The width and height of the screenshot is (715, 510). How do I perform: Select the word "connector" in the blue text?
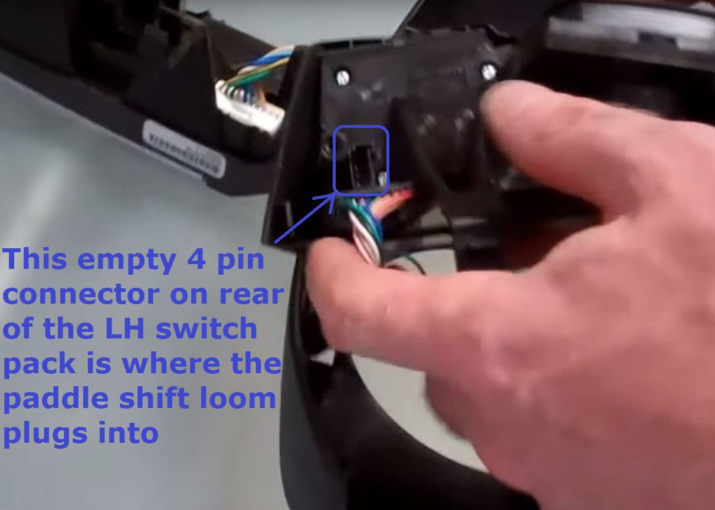[x=81, y=295]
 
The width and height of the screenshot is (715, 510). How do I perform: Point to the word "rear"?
[x=251, y=295]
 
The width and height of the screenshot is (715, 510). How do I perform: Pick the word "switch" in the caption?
[x=206, y=328]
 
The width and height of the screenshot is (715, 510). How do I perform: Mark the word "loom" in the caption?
[x=245, y=399]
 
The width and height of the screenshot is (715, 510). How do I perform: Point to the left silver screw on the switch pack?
[x=343, y=76]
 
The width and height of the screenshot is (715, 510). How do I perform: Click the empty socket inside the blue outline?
[x=362, y=162]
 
